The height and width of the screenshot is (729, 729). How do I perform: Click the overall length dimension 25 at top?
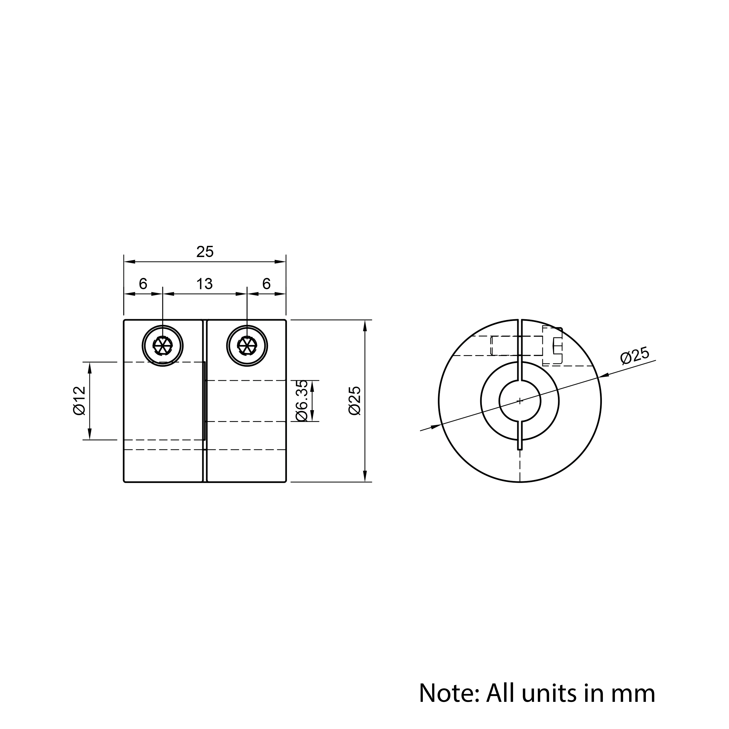(x=205, y=252)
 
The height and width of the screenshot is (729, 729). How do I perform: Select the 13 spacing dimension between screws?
(x=204, y=284)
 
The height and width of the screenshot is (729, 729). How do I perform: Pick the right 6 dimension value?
(x=266, y=284)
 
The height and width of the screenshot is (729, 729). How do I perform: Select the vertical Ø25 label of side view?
(x=355, y=401)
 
